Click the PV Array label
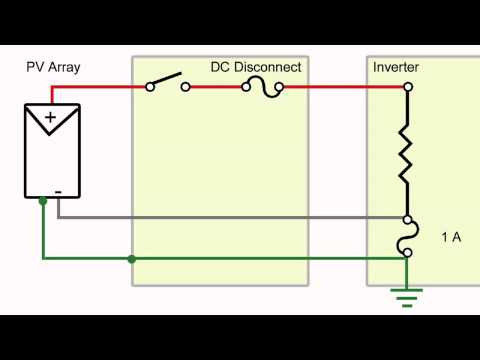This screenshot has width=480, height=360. [x=52, y=68]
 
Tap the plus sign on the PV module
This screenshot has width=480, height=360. [x=50, y=118]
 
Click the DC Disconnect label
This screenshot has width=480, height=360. [x=255, y=67]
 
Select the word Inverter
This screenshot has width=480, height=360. [x=395, y=67]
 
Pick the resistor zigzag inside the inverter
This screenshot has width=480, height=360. [x=407, y=152]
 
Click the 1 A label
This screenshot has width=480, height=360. [x=450, y=238]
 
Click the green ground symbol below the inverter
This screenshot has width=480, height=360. [x=407, y=295]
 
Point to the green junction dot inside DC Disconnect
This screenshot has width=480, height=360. [x=132, y=259]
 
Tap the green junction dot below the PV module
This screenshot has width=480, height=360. [x=42, y=201]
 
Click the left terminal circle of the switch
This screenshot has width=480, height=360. [x=150, y=87]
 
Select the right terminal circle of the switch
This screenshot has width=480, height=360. [x=186, y=87]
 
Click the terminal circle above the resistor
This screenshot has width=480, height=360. [x=407, y=87]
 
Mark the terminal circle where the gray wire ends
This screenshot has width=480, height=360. [x=407, y=218]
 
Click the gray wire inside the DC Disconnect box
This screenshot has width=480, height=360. [x=220, y=218]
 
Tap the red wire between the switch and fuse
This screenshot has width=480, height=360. [x=215, y=87]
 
